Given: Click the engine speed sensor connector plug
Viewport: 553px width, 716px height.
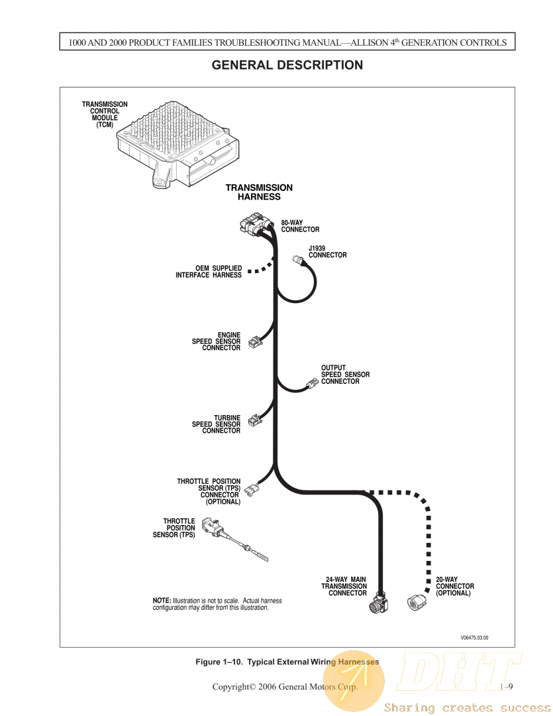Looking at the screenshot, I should click(254, 343).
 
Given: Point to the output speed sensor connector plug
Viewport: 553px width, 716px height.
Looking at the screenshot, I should click(311, 384).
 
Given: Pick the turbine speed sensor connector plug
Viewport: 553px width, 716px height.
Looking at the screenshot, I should click(254, 420).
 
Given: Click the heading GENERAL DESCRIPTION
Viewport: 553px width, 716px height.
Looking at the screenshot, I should click(287, 65).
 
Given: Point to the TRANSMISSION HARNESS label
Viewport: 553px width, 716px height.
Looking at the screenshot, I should click(259, 192).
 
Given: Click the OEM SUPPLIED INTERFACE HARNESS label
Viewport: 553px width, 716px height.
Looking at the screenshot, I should click(209, 272).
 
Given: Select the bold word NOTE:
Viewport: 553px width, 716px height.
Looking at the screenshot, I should click(162, 601).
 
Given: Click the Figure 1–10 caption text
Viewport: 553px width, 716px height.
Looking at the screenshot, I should click(287, 662).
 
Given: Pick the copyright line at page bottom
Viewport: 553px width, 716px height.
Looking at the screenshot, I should click(285, 687).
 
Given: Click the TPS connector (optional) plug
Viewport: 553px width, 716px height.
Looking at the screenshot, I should click(251, 491).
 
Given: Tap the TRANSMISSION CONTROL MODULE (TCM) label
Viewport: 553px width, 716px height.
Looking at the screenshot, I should click(105, 115).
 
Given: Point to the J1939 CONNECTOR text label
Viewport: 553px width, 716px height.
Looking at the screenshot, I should click(327, 252).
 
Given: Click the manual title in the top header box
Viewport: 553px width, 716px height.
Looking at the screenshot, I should click(287, 42).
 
